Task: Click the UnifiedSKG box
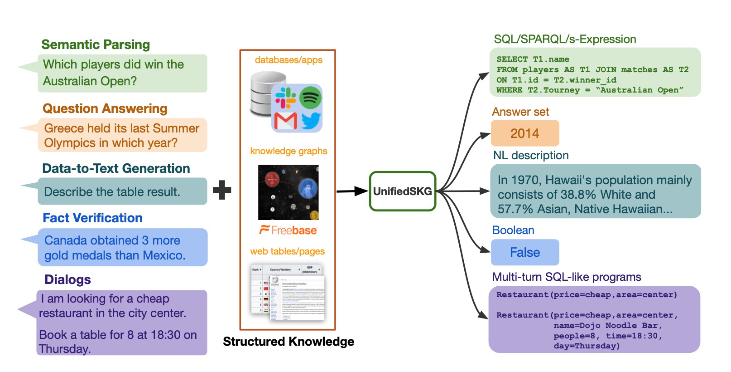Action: coord(402,191)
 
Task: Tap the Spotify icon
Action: coord(310,97)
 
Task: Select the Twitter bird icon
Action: coord(311,121)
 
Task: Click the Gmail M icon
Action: coord(285,121)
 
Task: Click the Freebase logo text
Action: coord(289,230)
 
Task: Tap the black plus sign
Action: coord(222,190)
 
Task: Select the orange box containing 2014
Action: coord(525,133)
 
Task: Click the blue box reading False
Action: coord(525,252)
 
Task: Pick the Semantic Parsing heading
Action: coord(96,44)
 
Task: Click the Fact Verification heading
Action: coord(92,218)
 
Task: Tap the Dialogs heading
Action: coord(67,279)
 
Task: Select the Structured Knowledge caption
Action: coord(289,342)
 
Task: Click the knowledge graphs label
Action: coord(289,151)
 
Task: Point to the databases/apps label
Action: coord(289,60)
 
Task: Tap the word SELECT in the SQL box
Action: coord(512,59)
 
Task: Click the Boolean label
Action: coord(513,230)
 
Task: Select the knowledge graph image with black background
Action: coord(288,192)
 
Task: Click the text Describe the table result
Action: coord(112,192)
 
